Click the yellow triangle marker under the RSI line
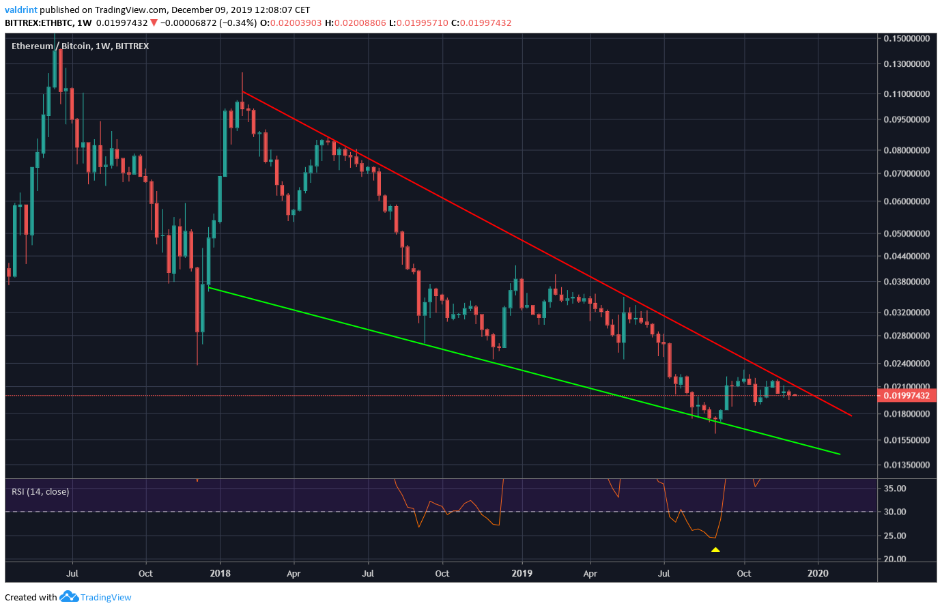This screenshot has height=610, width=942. [x=715, y=549]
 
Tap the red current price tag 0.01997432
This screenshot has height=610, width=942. [x=907, y=396]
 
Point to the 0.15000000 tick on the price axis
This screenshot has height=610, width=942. [x=907, y=39]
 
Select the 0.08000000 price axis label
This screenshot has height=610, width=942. [x=907, y=150]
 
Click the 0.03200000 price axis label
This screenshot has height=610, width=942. [x=907, y=313]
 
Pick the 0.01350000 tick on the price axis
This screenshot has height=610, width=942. [x=907, y=465]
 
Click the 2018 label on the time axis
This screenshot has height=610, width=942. [x=220, y=573]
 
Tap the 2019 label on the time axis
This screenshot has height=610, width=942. [x=522, y=573]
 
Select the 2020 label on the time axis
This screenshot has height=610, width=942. [x=818, y=573]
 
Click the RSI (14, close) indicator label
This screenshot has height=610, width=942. [x=40, y=491]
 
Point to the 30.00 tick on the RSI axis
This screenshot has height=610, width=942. [x=895, y=512]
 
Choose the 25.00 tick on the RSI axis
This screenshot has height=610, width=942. [x=895, y=536]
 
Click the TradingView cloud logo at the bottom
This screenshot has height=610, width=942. [x=69, y=597]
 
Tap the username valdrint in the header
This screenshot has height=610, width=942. [x=20, y=10]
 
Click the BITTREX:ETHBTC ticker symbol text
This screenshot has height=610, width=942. [x=38, y=23]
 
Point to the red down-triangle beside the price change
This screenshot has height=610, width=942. [x=154, y=23]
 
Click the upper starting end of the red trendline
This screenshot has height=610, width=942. [x=243, y=91]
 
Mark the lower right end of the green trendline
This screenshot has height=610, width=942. [x=840, y=454]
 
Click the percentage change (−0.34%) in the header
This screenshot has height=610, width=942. [x=234, y=23]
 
